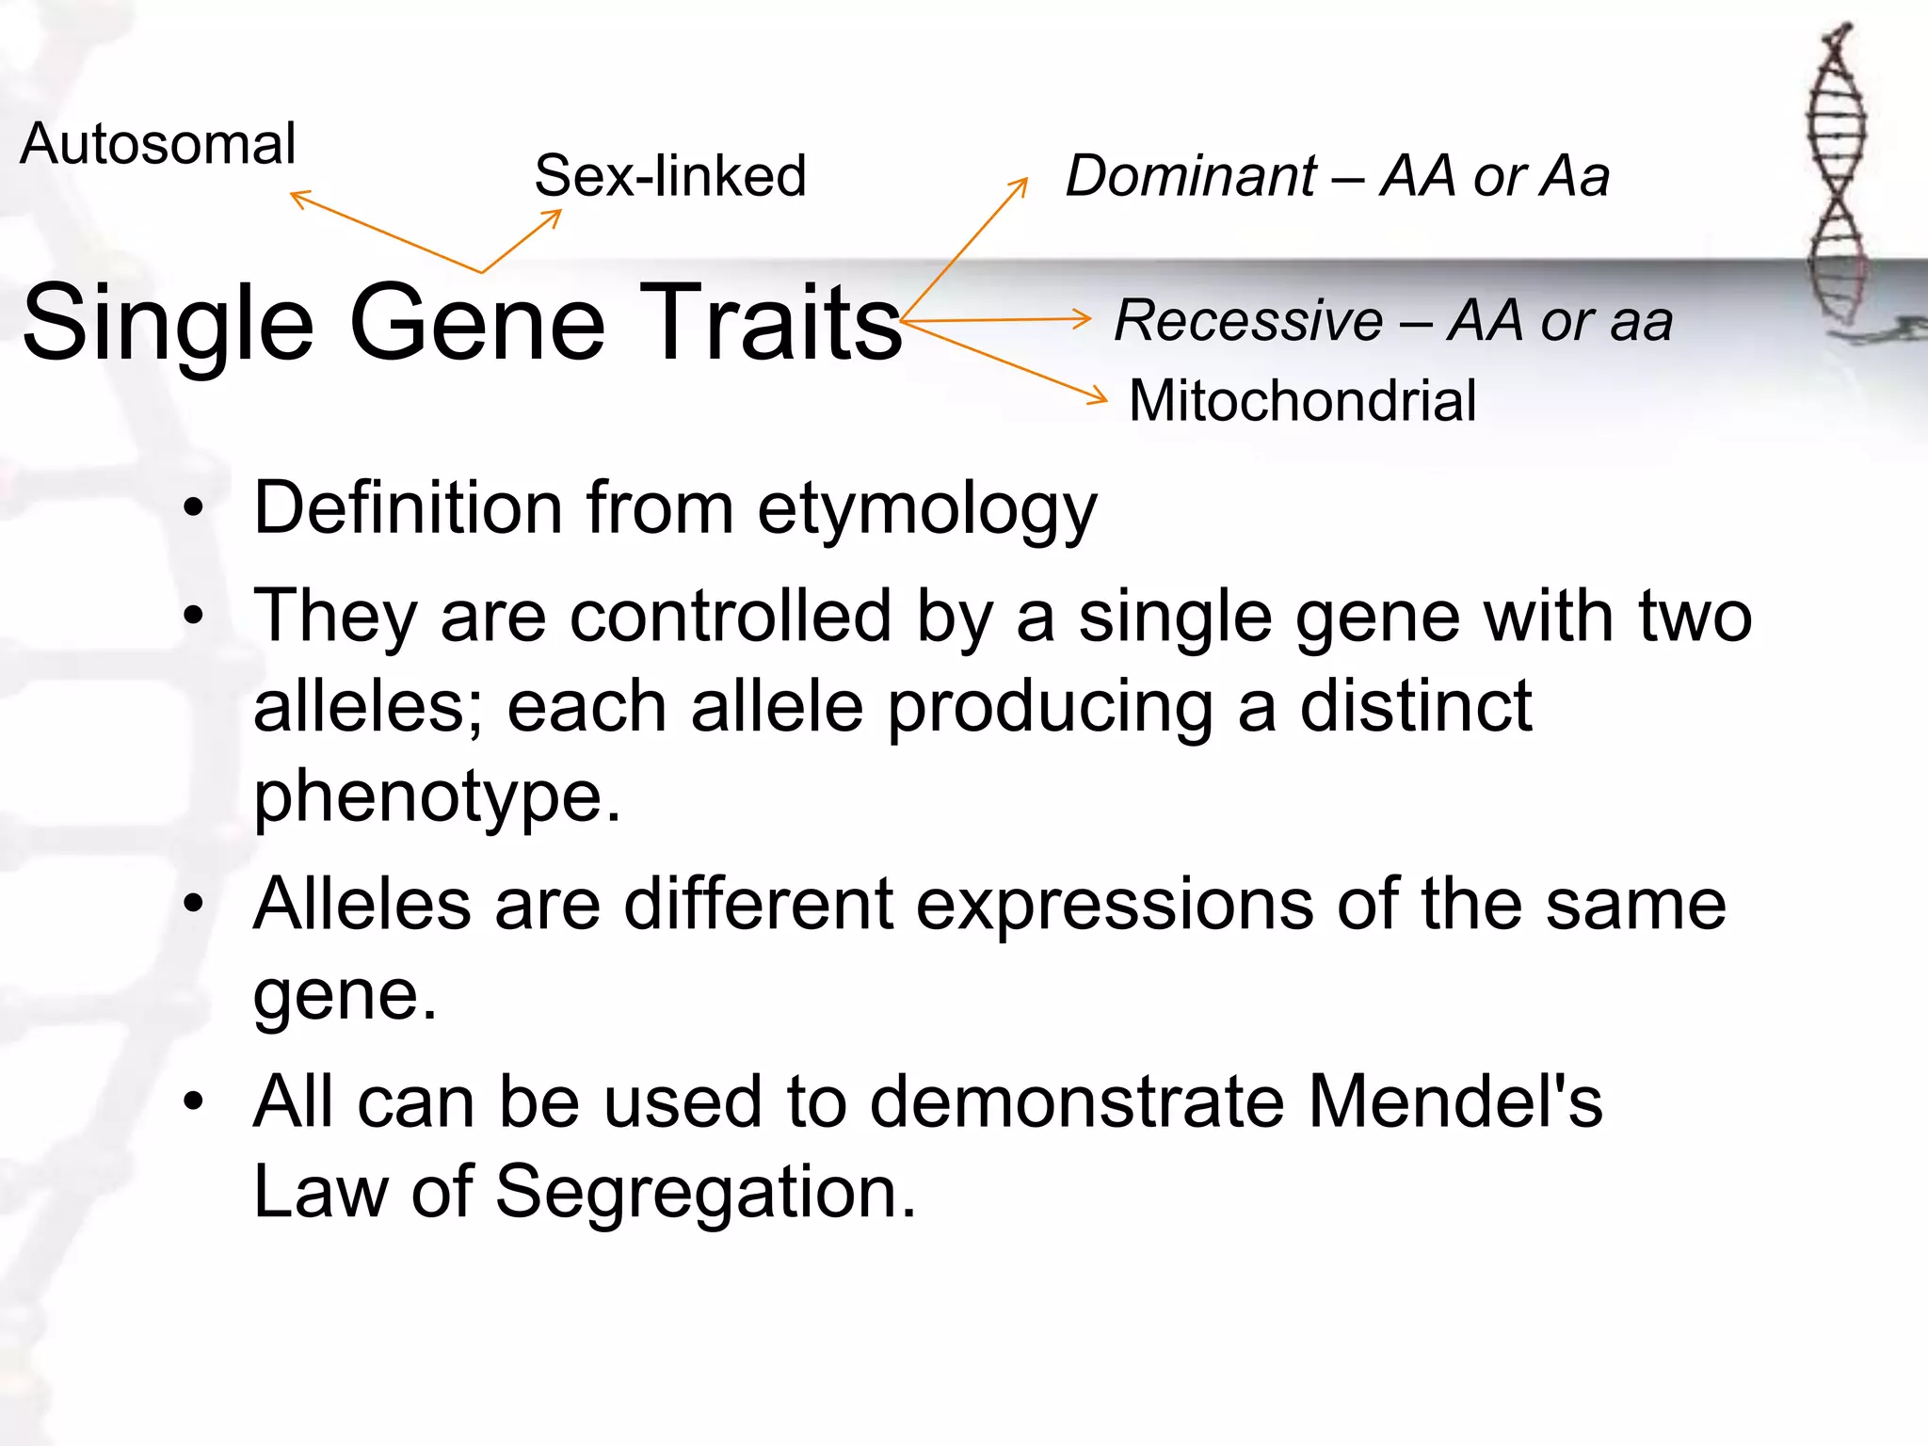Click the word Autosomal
157,144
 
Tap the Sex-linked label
670,176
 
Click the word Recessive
1248,320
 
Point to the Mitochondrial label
1302,401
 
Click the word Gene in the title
477,323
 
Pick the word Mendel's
1455,1101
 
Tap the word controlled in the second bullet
731,617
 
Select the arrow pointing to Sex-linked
523,240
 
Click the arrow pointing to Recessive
998,320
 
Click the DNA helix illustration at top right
1837,179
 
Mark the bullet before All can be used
194,1101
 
